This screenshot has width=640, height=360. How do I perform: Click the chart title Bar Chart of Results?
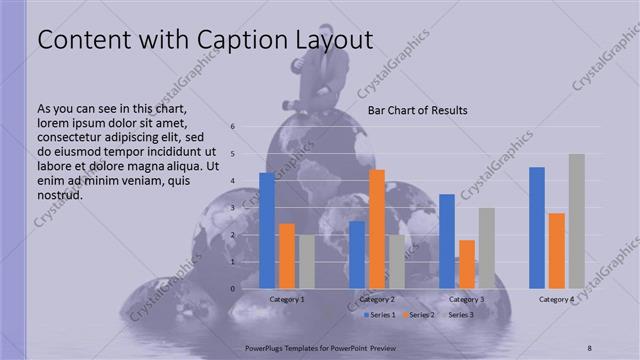(x=417, y=110)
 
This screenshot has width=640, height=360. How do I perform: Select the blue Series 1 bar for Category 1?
(x=267, y=231)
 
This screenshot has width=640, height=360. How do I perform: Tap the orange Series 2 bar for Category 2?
(x=377, y=229)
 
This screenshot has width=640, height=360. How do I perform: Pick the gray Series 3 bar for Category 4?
(x=576, y=221)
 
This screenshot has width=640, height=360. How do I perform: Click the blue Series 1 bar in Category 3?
(x=447, y=241)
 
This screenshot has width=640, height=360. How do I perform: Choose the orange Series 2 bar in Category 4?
(x=557, y=251)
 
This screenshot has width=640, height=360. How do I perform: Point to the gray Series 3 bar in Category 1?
(x=307, y=262)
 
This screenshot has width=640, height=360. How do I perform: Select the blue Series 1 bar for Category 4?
(x=537, y=228)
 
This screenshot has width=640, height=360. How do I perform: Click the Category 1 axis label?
(x=287, y=299)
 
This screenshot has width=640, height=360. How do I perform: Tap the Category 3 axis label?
(x=466, y=299)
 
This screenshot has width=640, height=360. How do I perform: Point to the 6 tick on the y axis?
(x=232, y=127)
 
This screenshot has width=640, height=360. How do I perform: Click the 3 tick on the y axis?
(x=232, y=208)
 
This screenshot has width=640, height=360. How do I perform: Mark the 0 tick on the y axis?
(x=232, y=289)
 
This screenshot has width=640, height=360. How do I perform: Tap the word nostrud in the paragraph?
(x=59, y=194)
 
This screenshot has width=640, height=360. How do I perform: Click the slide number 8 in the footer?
(x=589, y=346)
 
